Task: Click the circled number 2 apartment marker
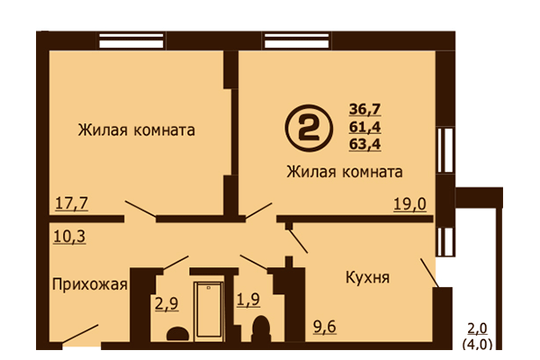coord(309,129)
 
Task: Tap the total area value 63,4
coord(364,144)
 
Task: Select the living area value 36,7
coord(364,110)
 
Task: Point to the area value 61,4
coord(364,127)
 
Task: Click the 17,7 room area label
coord(72,202)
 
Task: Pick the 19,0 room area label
coord(409,204)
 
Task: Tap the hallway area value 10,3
coord(69,237)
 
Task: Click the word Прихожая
coord(90,285)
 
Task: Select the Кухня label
coord(367,277)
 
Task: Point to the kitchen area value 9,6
coord(324,326)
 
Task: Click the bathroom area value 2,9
coord(166,304)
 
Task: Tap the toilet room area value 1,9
coord(248,300)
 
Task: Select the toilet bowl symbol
coord(261,328)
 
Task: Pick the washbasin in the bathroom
coord(177,334)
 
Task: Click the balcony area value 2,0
coord(477,328)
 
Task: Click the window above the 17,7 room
coord(131,40)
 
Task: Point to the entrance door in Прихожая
coord(80,334)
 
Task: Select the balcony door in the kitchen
coord(429,273)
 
